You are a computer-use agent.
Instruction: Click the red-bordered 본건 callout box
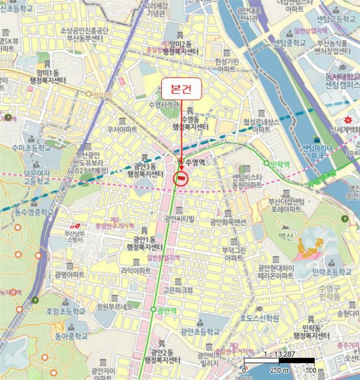(x=181, y=88)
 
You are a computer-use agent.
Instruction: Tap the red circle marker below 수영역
(x=180, y=179)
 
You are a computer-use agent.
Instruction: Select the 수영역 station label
(x=194, y=162)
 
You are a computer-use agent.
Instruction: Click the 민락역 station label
(x=281, y=162)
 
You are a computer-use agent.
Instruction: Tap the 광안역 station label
(x=166, y=311)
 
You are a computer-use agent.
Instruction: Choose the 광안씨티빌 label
(x=179, y=219)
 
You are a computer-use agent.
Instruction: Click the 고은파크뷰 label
(x=178, y=290)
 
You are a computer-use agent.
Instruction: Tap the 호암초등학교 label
(x=66, y=312)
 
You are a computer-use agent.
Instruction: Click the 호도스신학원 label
(x=260, y=318)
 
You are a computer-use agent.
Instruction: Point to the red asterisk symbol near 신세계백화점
(x=348, y=119)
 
